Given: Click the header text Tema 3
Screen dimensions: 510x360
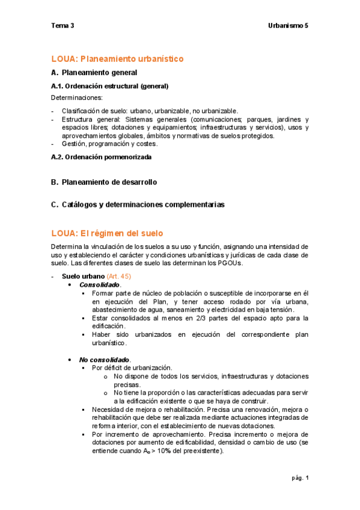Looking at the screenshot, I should click(63, 26).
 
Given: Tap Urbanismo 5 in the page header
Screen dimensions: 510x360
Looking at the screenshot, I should click(287, 26).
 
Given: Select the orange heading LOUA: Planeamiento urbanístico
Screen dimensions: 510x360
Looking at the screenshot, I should click(117, 58).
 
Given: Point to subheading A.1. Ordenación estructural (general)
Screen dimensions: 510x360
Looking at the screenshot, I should click(109, 86).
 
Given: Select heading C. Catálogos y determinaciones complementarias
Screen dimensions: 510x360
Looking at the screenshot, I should click(138, 204).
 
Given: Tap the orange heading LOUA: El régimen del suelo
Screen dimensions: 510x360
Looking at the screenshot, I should click(107, 233).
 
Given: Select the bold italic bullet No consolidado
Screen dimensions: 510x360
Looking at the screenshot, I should click(105, 359).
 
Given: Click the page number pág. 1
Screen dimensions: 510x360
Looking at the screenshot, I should click(299, 478).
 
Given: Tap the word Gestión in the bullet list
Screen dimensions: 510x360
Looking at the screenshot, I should click(74, 144).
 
